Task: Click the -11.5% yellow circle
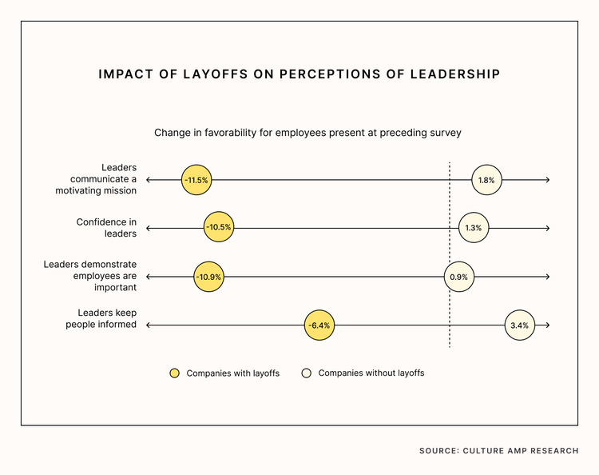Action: pos(196,180)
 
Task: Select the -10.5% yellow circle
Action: pos(218,227)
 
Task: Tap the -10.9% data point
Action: pos(208,277)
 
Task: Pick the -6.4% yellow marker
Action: pos(319,325)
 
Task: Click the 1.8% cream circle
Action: pos(486,180)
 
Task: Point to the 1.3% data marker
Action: pos(473,228)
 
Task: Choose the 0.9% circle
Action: pos(458,277)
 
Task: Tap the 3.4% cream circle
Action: pos(518,325)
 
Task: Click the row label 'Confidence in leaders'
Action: pos(106,228)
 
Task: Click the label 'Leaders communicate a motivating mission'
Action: pos(96,179)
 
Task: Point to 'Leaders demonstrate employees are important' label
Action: pos(90,276)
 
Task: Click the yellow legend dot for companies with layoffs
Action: pos(175,373)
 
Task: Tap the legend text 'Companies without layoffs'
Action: pos(371,373)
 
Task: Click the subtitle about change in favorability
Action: pos(307,132)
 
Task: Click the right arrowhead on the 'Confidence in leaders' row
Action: pos(547,228)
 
